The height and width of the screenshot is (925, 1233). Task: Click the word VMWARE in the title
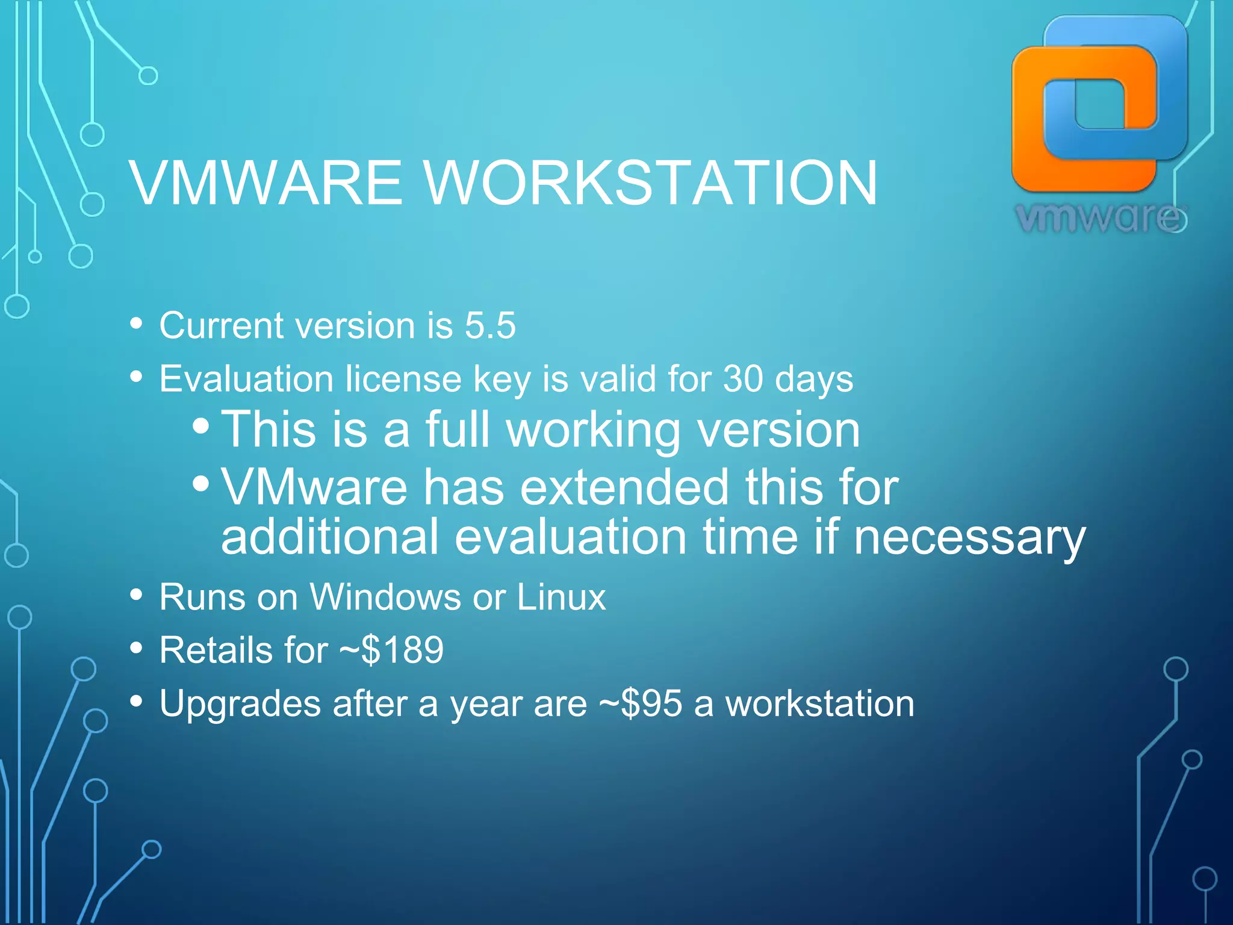pos(266,182)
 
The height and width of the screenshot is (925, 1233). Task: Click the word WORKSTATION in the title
pos(651,182)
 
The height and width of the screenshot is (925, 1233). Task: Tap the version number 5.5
pos(489,326)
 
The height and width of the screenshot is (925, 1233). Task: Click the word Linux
pos(561,597)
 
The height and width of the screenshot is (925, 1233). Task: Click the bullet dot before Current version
pos(137,323)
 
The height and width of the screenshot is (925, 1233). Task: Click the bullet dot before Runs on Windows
pos(137,595)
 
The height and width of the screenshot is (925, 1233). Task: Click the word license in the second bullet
pos(403,379)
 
